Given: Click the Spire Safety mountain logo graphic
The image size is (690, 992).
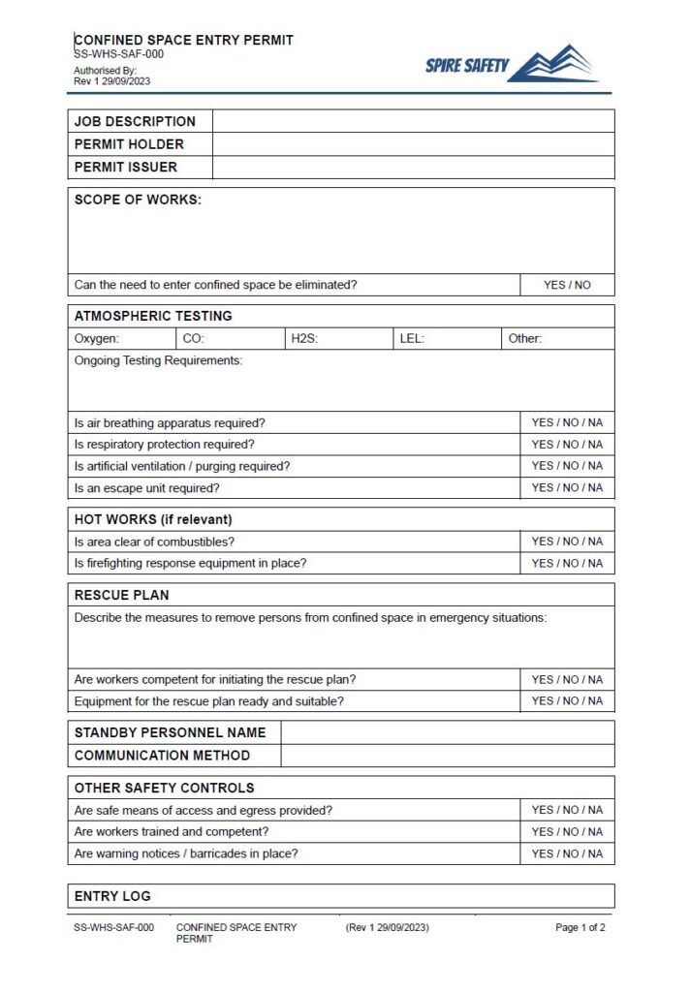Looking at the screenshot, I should click(552, 64).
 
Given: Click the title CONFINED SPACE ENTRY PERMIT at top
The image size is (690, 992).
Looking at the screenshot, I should click(183, 40).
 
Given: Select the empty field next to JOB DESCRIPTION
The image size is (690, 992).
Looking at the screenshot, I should click(413, 121).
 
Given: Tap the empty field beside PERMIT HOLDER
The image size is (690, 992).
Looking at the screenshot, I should click(413, 144).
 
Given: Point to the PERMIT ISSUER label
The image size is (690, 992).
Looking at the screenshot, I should click(126, 167).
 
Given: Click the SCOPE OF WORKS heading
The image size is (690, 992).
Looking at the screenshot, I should click(138, 201).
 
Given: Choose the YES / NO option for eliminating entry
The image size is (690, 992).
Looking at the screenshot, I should click(567, 285).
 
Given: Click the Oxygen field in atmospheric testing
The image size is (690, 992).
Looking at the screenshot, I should click(121, 339).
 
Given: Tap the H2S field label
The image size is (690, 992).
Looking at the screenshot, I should click(305, 339).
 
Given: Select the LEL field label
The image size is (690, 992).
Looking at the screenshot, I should click(412, 339).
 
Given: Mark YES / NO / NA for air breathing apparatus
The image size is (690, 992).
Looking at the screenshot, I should click(567, 422).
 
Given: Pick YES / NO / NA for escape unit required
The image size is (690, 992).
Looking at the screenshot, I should click(567, 487).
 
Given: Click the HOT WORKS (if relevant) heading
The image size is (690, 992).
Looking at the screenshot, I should click(153, 519).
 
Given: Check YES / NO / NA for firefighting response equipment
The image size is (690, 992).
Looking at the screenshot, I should click(567, 563).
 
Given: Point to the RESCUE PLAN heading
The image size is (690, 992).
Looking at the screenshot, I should click(121, 595).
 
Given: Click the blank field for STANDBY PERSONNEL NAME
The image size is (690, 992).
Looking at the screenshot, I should click(447, 732).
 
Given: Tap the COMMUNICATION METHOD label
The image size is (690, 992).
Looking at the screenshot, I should click(162, 756).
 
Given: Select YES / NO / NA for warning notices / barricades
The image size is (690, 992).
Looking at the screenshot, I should click(567, 853).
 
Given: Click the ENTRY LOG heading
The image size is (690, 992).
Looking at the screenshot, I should click(112, 896).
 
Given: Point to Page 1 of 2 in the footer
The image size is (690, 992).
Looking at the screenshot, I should click(580, 927).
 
